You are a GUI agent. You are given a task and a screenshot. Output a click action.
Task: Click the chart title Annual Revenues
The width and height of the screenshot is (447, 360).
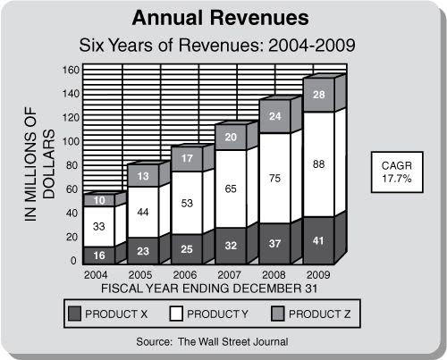221,18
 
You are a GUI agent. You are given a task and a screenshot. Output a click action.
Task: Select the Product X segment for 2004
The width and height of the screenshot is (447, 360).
99,255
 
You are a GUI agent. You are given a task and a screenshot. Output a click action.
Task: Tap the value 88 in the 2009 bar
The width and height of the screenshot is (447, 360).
318,164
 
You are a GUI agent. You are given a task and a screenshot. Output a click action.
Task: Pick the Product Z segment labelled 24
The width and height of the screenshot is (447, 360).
275,116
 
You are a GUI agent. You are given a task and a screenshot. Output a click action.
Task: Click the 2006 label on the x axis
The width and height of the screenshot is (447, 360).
185,274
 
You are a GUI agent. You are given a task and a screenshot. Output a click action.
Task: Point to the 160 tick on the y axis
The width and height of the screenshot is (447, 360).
71,70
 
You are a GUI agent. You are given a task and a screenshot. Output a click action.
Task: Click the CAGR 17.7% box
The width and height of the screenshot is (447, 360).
397,172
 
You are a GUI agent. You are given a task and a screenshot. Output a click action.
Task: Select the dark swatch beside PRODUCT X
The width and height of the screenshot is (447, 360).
74,314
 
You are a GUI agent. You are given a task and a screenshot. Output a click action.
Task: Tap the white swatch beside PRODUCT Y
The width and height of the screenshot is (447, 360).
176,314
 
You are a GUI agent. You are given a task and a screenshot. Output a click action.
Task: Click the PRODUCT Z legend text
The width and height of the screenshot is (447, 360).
319,314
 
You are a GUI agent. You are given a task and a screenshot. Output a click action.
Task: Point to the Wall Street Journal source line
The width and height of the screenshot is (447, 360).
212,341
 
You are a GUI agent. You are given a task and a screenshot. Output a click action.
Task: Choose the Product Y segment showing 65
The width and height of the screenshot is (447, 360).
231,189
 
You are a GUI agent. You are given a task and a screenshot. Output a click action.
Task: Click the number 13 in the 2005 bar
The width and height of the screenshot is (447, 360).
143,176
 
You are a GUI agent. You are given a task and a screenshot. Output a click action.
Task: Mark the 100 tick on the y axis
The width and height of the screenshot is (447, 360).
71,141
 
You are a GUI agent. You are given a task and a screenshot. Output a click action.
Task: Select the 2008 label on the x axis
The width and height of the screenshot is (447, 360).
274,274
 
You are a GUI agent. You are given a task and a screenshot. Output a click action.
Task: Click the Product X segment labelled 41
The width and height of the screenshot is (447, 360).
318,240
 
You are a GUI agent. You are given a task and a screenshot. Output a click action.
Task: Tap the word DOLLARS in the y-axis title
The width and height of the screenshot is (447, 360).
48,164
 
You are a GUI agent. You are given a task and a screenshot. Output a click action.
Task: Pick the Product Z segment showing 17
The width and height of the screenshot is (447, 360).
187,159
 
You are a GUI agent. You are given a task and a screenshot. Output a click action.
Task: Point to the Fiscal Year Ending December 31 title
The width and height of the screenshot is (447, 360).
209,289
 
